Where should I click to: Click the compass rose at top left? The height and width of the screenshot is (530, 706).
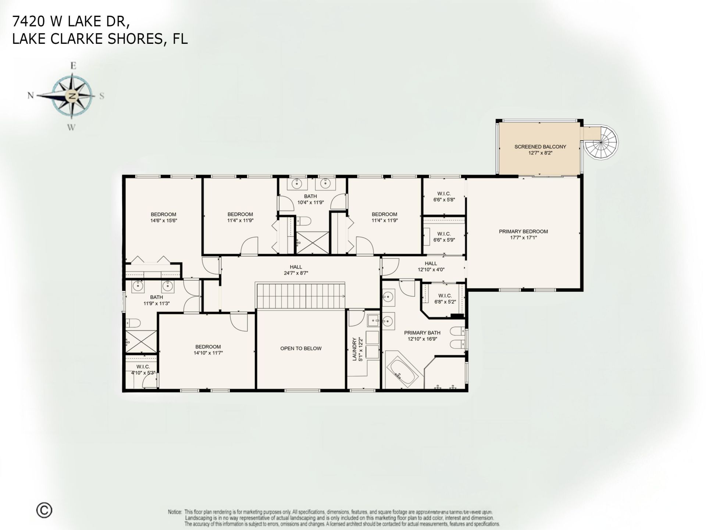72,96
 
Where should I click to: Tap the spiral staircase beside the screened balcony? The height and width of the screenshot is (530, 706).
602,143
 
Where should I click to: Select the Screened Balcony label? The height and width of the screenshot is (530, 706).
540,146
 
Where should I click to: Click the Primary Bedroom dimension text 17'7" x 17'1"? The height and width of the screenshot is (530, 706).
523,238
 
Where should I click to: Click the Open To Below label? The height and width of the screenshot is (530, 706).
301,348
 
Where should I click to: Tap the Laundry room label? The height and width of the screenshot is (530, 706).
355,349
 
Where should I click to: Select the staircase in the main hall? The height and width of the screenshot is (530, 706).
300,296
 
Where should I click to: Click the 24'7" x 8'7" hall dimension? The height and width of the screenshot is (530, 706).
296,273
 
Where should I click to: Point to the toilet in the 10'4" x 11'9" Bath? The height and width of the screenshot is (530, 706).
304,221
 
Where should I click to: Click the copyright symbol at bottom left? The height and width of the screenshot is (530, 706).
44,510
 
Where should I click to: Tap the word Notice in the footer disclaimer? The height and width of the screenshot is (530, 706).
175,512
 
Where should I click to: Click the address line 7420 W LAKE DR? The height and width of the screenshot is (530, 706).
71,22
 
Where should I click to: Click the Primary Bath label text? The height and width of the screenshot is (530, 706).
422,333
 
